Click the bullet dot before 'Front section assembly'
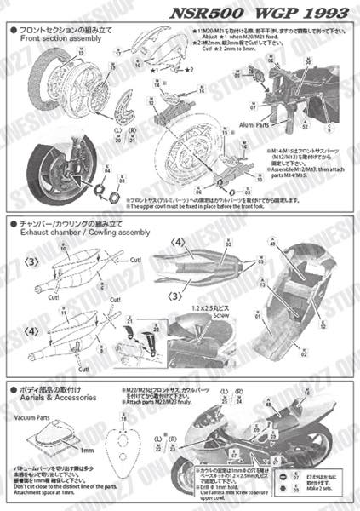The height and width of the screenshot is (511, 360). pos(11,30)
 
